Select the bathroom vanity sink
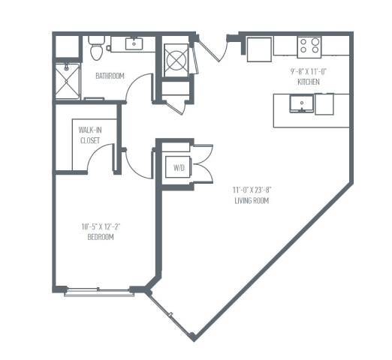[x=136, y=44]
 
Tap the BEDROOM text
[x=99, y=237]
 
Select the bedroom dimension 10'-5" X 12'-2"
[x=99, y=226]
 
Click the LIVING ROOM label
[x=251, y=201]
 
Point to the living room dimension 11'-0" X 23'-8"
[x=251, y=190]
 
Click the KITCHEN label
[x=310, y=79]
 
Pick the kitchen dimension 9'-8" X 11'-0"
[x=310, y=70]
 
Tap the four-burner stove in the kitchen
[x=309, y=46]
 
